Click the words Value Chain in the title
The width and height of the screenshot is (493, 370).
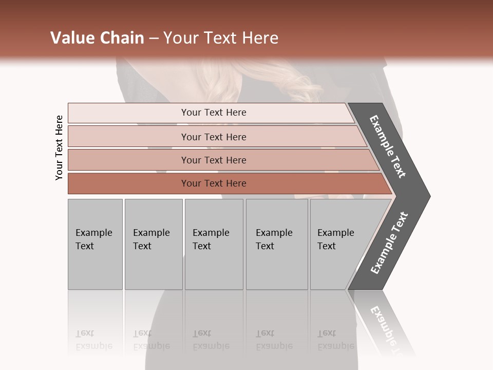pos(97,38)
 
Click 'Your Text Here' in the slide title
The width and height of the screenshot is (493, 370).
pos(221,38)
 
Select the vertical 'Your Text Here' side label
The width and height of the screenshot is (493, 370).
pos(59,148)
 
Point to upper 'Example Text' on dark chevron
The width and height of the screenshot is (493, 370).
pos(388,146)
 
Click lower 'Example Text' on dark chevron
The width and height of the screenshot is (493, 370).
pos(389,243)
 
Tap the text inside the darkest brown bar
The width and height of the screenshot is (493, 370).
pos(214,183)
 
